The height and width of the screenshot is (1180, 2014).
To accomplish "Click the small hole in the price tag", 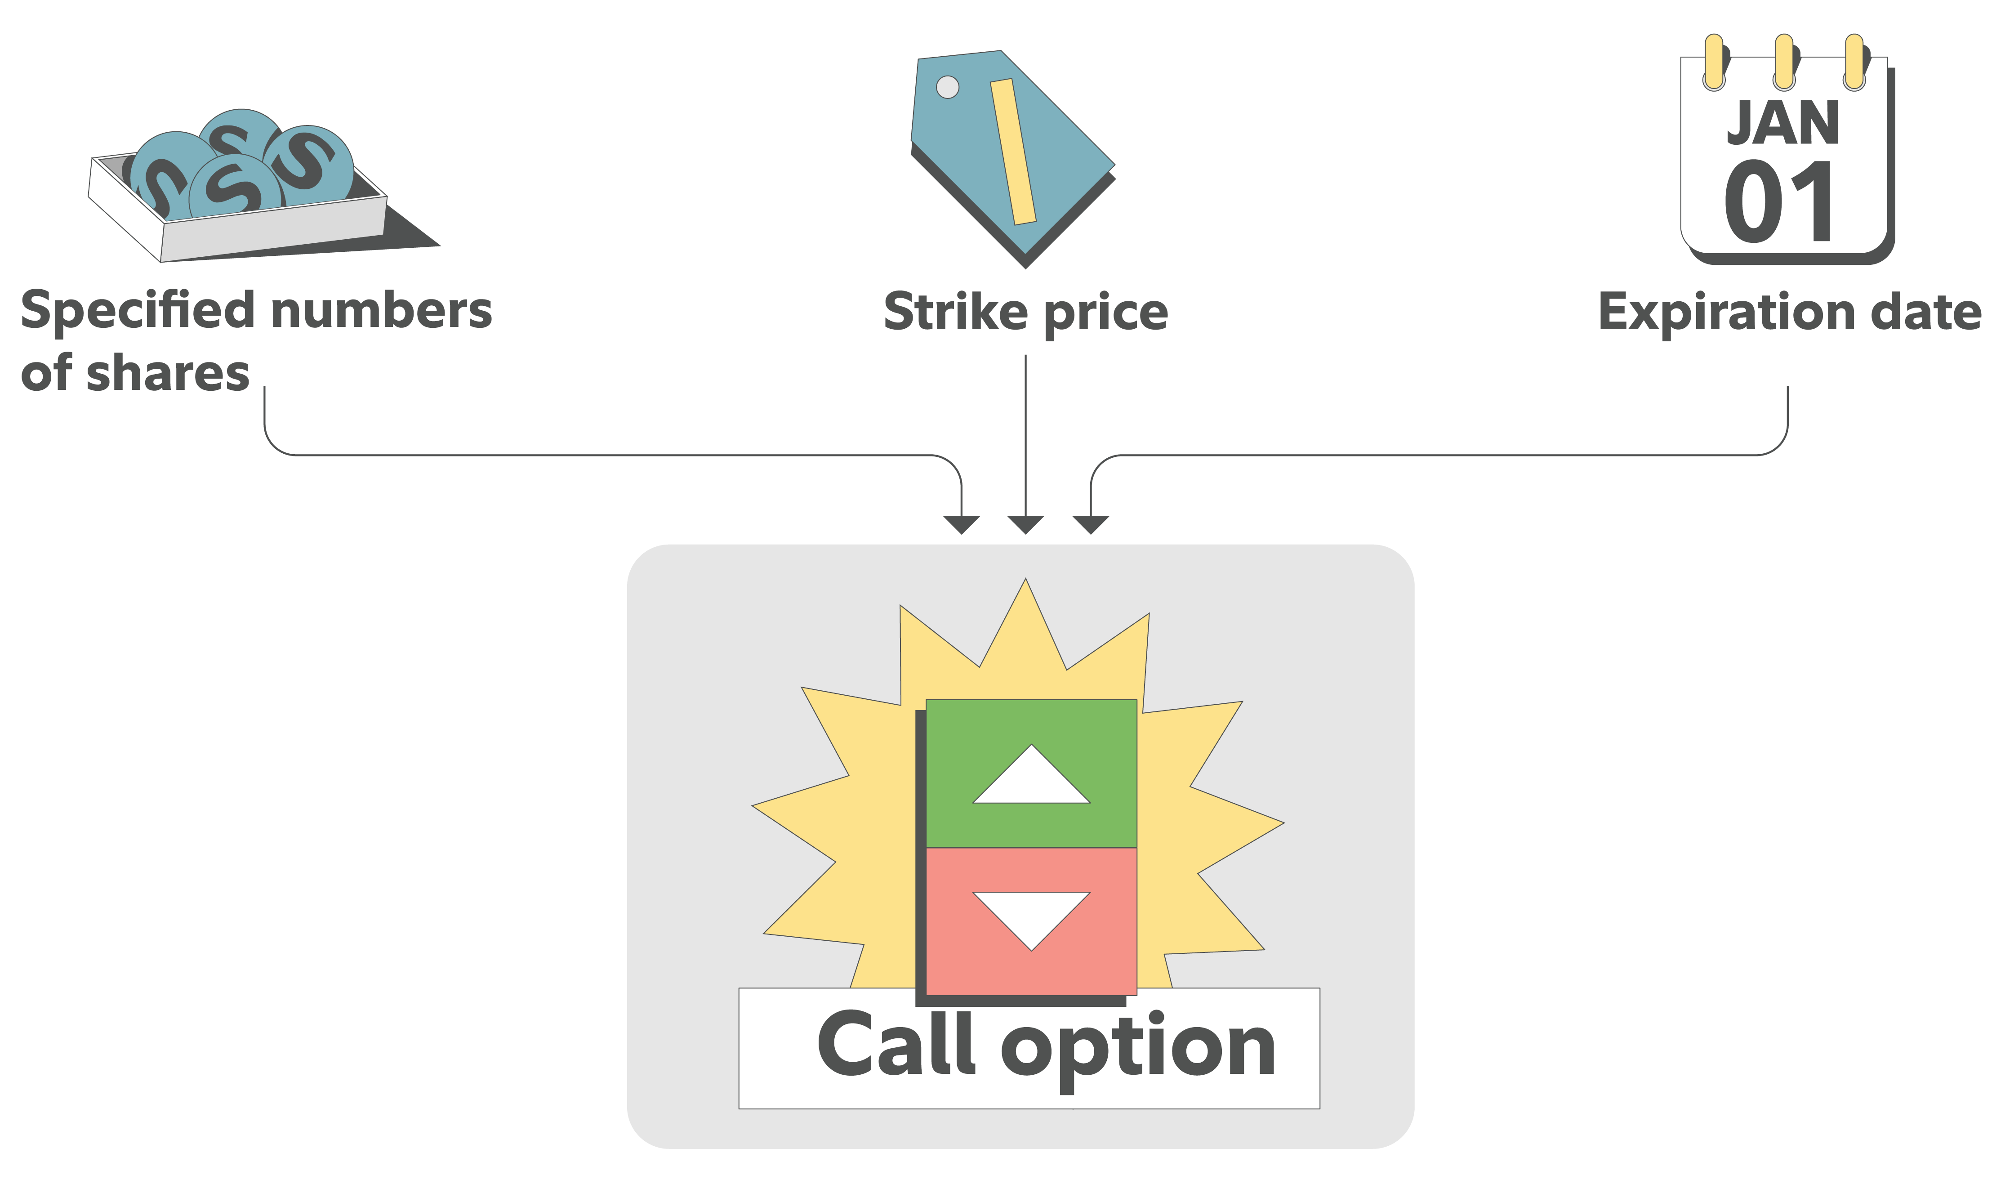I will coord(947,87).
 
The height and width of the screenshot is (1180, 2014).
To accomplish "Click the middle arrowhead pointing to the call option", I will coord(1025,524).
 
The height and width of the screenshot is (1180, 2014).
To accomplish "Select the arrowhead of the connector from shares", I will coord(962,524).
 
